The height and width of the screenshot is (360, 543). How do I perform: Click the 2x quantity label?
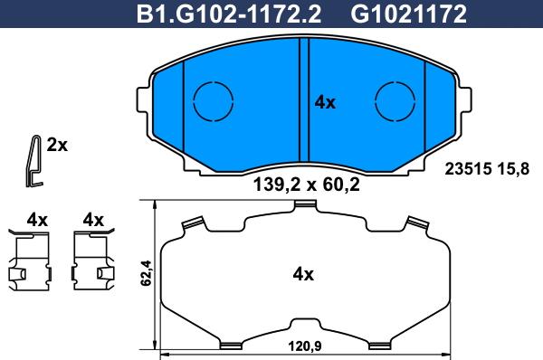58,145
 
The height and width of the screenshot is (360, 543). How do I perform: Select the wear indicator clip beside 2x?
33,161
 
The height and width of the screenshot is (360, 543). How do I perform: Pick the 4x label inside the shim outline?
302,274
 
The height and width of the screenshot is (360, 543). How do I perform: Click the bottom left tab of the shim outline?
229,343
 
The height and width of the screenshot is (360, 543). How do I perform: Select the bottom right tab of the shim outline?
379,343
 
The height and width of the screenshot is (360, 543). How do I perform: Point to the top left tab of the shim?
191,223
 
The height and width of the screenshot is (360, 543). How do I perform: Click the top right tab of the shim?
416,223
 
